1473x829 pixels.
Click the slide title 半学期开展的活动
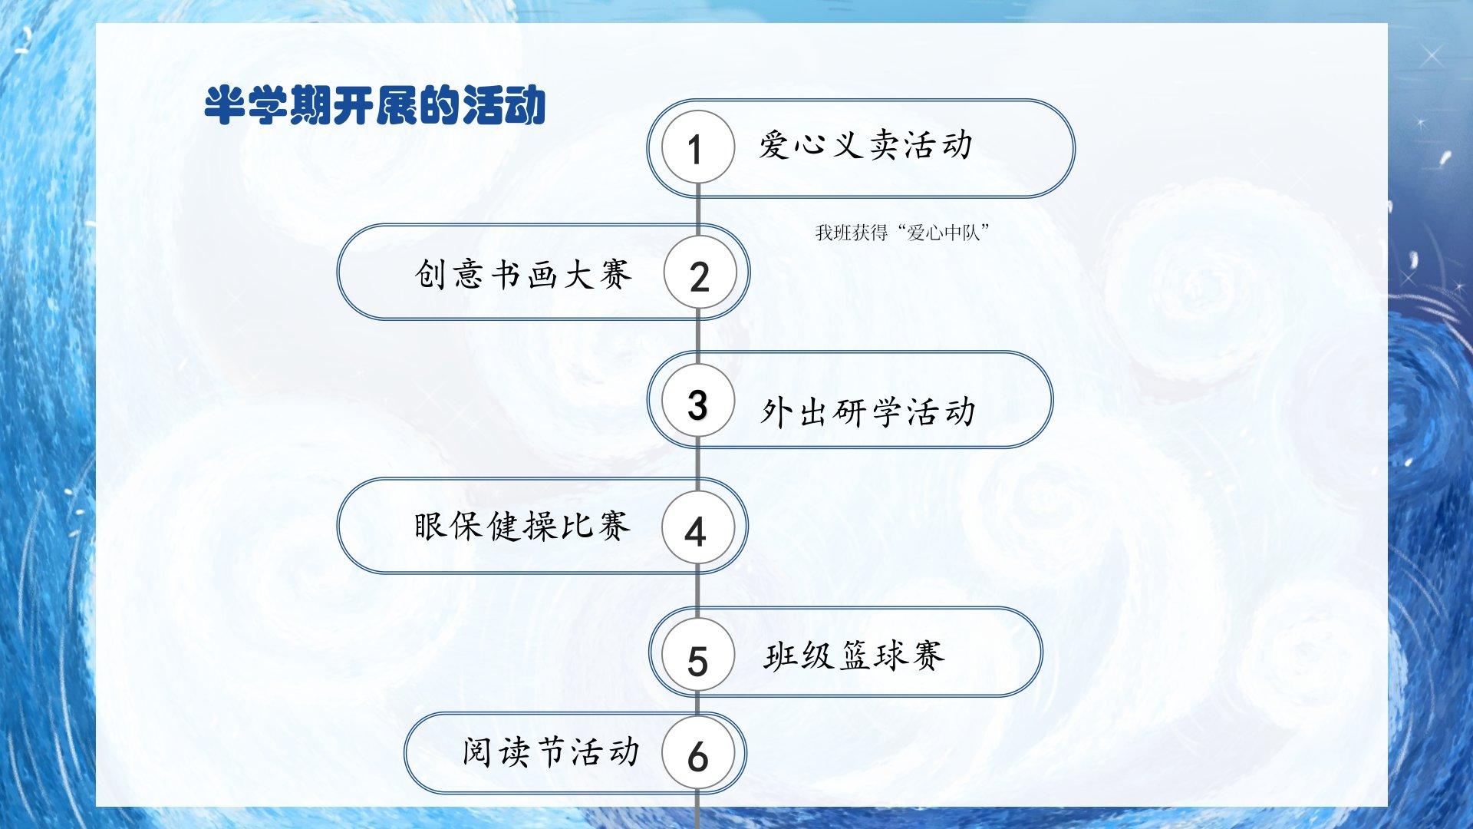coord(374,105)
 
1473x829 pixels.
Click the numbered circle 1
coord(697,147)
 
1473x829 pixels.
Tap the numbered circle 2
coord(699,273)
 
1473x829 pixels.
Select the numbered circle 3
coord(697,401)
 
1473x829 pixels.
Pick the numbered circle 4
coord(697,528)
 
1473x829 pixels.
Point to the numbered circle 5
coord(697,656)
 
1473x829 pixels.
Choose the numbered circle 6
coord(697,754)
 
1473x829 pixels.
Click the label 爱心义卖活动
coord(866,144)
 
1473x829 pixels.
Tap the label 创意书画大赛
coord(523,274)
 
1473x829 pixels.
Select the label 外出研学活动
coord(868,411)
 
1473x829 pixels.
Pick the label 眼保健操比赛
coord(522,526)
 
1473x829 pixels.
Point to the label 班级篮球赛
coord(854,656)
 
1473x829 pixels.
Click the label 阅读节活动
coord(551,751)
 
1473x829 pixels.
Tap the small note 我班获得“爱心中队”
coord(903,232)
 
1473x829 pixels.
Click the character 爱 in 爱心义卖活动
coord(775,144)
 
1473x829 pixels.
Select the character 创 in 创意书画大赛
coord(431,274)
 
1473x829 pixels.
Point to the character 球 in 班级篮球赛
coord(891,656)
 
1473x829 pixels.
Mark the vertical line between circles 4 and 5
coord(697,592)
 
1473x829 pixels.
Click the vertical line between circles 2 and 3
coord(698,337)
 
